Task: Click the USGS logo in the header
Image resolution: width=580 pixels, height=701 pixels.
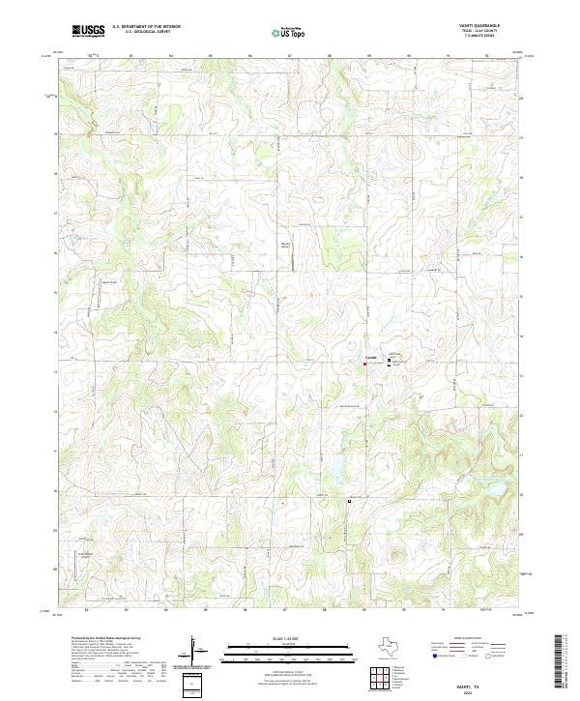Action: pos(89,31)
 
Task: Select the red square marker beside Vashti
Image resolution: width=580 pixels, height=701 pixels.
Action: pos(364,365)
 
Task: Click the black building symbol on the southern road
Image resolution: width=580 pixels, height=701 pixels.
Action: pos(349,502)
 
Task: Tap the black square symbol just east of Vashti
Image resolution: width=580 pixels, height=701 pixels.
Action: pos(390,360)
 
